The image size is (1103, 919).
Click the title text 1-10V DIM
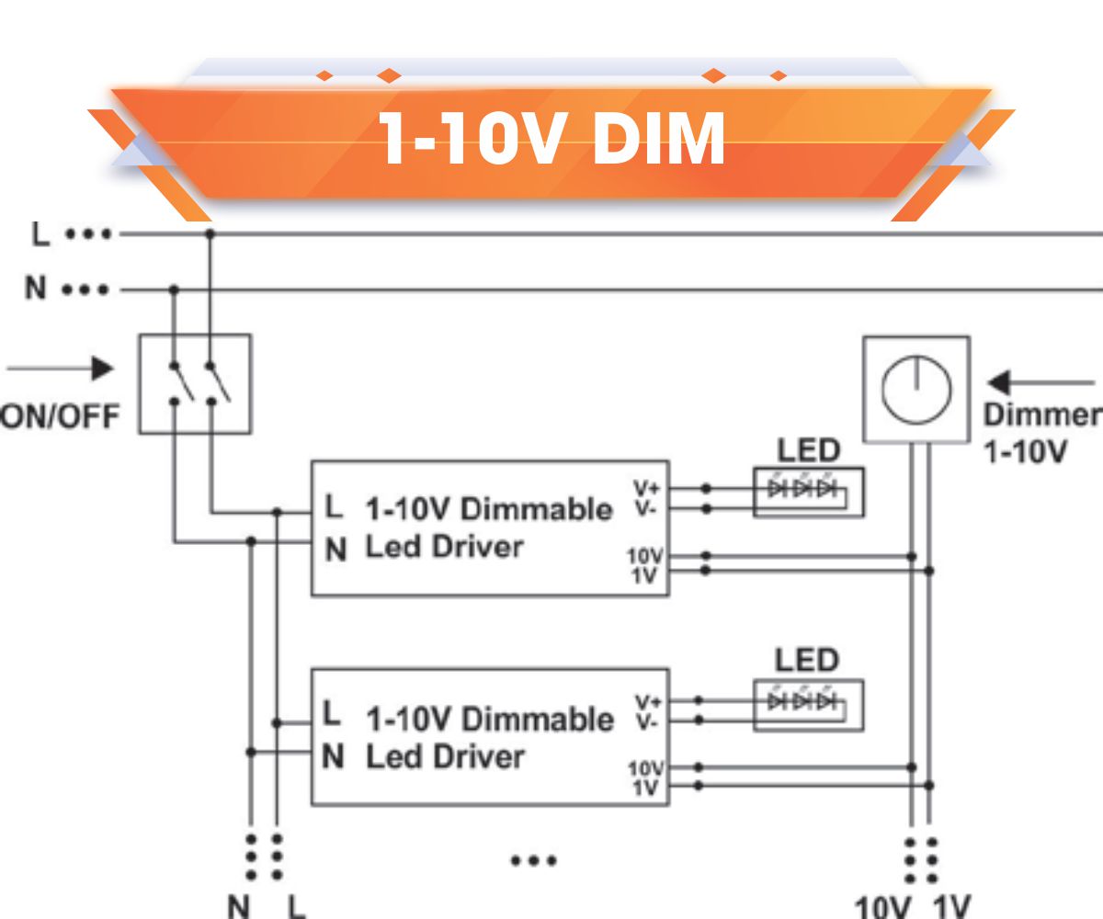(551, 140)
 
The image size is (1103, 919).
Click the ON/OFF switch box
(194, 383)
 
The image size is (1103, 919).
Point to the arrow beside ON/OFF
(60, 369)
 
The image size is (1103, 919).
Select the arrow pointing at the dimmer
(1039, 381)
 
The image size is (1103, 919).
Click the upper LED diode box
(808, 492)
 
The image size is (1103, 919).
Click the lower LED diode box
(808, 705)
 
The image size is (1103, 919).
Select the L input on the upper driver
(334, 506)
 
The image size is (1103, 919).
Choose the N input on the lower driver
(335, 758)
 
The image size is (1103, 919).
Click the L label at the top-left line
(40, 234)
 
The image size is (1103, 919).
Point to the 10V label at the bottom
(881, 908)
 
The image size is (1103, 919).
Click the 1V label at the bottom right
(951, 908)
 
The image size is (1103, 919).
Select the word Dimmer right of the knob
(1041, 415)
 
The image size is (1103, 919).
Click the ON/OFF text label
(59, 418)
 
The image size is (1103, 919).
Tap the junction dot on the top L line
(210, 234)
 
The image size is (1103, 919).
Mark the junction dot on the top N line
(175, 290)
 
